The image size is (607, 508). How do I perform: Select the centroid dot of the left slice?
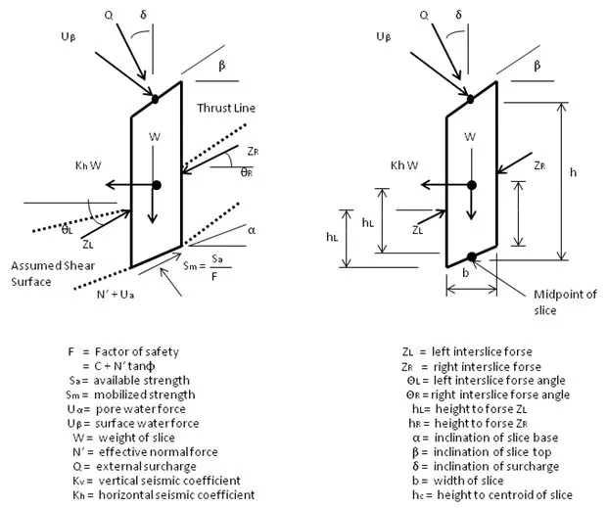click(x=157, y=184)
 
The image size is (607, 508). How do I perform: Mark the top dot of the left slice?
click(x=156, y=98)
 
